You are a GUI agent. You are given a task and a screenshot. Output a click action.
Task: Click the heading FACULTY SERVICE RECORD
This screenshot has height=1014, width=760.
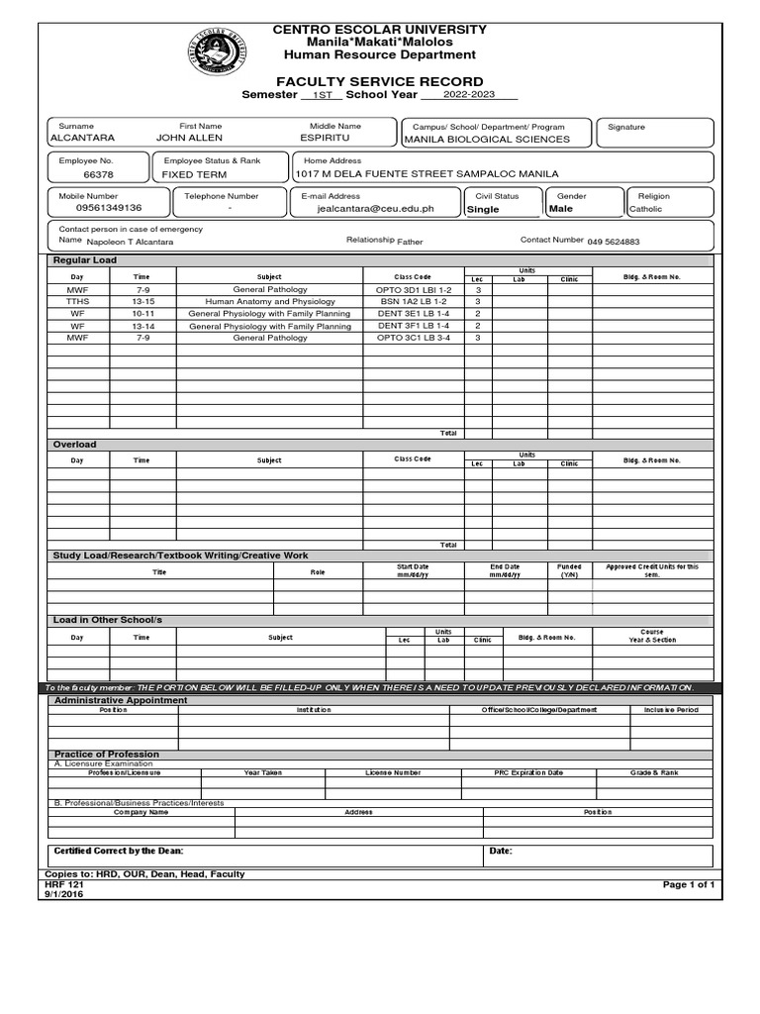coord(380,81)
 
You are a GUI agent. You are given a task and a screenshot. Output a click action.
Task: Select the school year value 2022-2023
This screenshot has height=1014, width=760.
coord(468,95)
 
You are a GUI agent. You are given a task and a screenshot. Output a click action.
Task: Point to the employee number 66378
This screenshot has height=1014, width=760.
coord(99,173)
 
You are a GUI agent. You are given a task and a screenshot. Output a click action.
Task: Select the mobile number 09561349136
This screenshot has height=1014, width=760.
coord(95,208)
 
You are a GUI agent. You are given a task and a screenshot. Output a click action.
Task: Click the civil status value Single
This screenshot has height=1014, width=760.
coord(483,210)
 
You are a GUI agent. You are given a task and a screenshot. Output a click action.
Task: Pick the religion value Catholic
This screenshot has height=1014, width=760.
coord(647,210)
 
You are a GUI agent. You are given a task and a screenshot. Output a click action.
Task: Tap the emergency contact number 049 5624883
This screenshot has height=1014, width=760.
coord(614,242)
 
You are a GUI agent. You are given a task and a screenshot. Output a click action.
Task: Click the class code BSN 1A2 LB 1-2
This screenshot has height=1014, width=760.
coord(414,301)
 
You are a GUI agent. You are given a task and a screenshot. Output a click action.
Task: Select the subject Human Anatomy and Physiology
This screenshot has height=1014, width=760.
coord(269,301)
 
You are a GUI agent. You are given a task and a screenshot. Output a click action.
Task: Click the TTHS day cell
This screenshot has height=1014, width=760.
coord(77,301)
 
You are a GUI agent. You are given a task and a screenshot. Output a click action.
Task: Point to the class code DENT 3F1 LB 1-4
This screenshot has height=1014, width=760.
coord(414,326)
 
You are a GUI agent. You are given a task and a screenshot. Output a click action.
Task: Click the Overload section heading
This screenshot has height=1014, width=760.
coord(75,445)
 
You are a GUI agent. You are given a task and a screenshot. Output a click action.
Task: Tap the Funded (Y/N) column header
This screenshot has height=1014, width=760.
coord(569,570)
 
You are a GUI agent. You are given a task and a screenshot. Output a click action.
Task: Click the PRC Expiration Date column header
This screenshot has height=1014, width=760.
coord(528,771)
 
